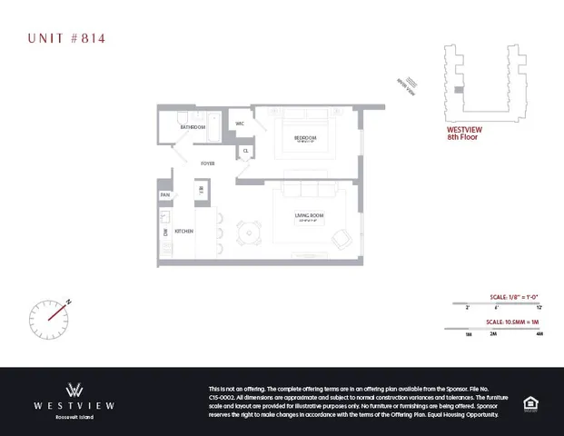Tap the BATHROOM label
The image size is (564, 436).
coord(192,128)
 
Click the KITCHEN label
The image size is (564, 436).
coord(184,232)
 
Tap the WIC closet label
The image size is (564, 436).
coord(240,124)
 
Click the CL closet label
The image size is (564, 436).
coord(245,151)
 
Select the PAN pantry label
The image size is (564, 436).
coord(165,194)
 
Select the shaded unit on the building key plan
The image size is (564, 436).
coord(460,91)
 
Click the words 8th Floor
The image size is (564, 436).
coord(462,137)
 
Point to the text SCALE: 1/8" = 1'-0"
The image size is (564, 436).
coord(514,296)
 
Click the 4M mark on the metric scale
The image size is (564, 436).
coord(539,334)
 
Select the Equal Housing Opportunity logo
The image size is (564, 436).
coord(529,403)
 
